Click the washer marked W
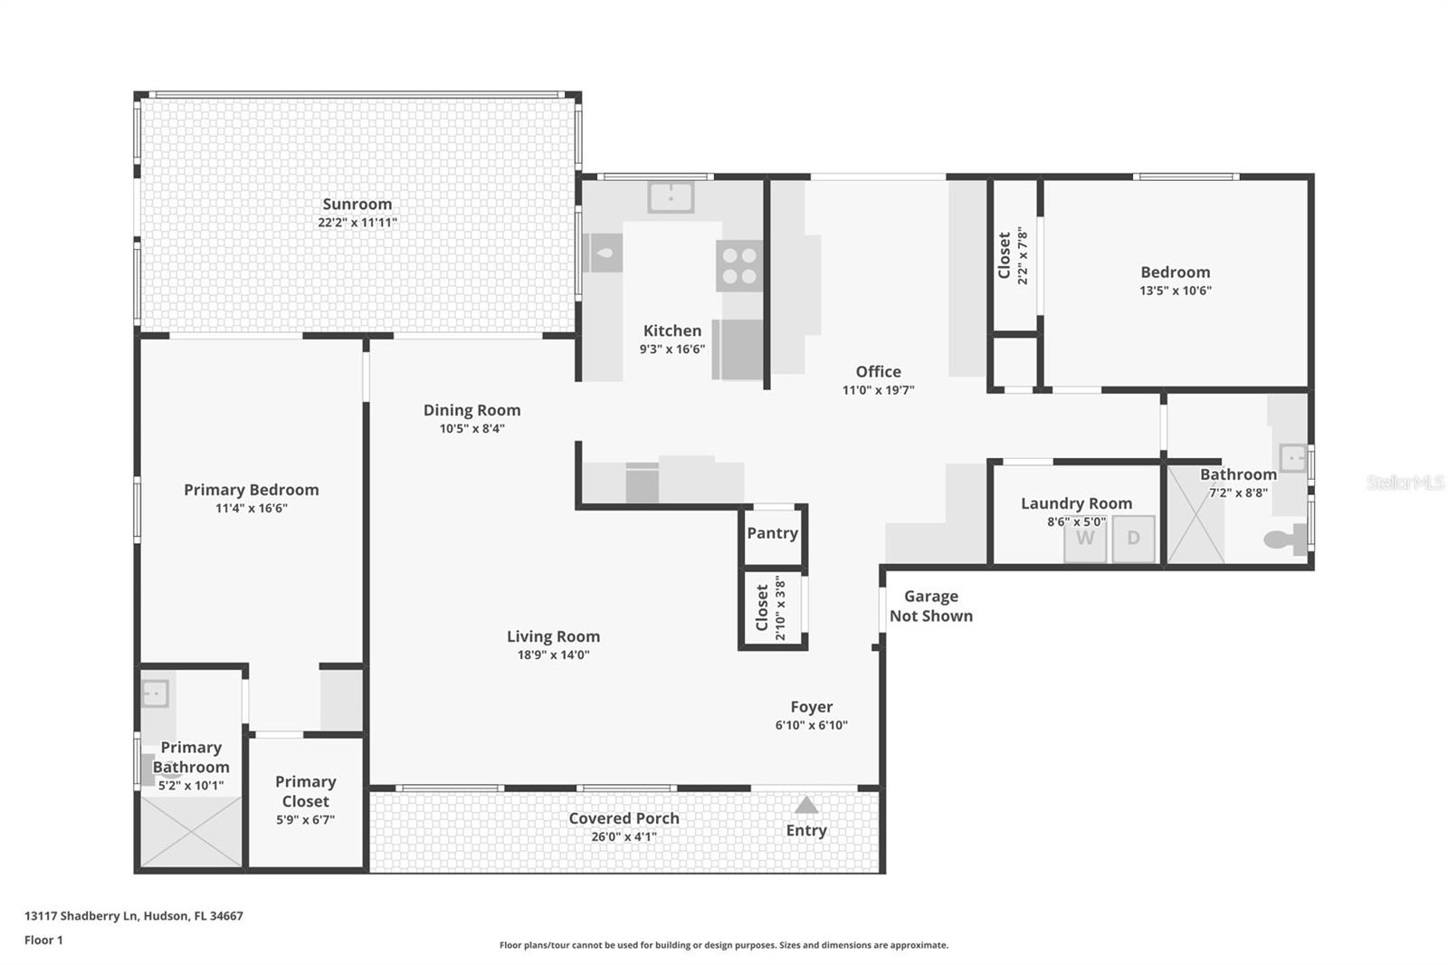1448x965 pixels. coord(1085,539)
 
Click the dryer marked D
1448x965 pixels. coord(1133,539)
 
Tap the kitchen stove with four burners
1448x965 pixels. coord(739,265)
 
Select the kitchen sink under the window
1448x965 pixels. coord(671,196)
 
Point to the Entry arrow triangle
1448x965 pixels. coord(806,806)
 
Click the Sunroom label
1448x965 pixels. coord(357,204)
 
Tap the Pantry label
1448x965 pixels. coord(772,533)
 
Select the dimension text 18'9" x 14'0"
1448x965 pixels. coord(553,654)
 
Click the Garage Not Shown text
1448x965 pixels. coord(930,606)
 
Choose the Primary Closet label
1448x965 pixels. coord(306,791)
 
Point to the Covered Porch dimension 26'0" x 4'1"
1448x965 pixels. coord(624,836)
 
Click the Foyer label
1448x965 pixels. coord(811,707)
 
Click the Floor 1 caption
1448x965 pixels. coord(43,940)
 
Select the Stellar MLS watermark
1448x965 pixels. coord(1405,482)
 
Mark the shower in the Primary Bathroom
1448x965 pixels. coord(192,831)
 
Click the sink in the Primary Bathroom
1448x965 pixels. coord(155,694)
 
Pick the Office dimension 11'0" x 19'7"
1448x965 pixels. coord(878,390)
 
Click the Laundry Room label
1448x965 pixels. coord(1076,503)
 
